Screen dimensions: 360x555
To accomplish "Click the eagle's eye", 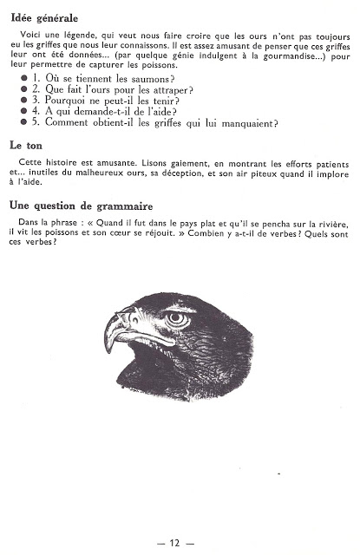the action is [177, 318].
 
